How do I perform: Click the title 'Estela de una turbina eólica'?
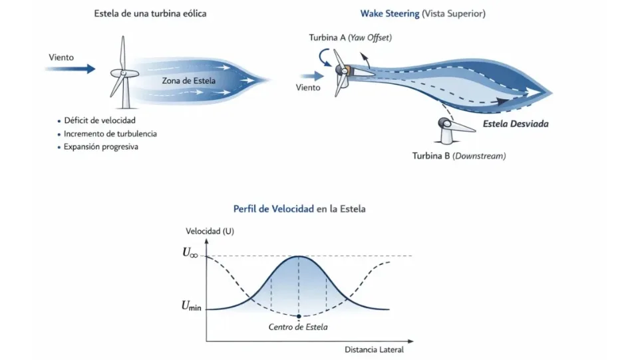tap(150, 13)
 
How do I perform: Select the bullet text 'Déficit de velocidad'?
tap(99, 120)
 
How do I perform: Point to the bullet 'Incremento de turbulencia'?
tap(110, 134)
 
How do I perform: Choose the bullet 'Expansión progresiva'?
tap(101, 147)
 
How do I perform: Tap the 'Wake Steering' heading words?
tap(390, 13)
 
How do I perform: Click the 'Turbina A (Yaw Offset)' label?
tap(350, 37)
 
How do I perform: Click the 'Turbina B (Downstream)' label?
tap(459, 156)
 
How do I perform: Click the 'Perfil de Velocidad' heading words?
tap(273, 208)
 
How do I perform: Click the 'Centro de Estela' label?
tap(298, 327)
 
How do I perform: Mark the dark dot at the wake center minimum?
tap(299, 315)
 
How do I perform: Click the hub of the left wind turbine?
tap(124, 73)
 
